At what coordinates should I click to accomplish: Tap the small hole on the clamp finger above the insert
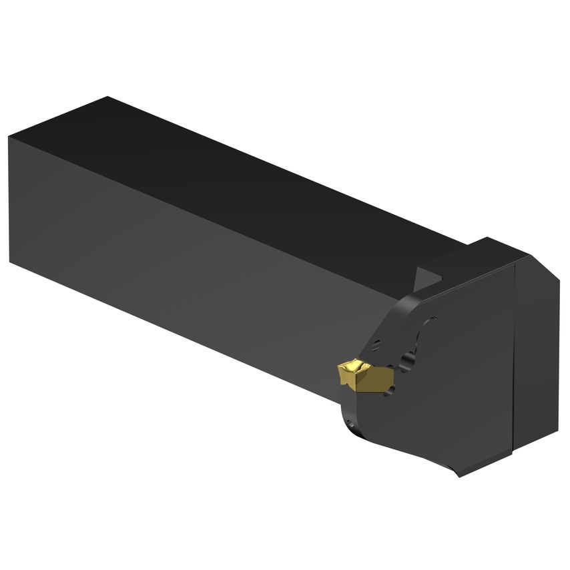(x=376, y=344)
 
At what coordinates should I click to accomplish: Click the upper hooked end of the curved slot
(x=431, y=322)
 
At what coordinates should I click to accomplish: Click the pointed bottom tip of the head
(x=459, y=475)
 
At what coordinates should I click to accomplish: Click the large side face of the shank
(x=187, y=267)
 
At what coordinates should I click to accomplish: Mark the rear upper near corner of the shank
(x=9, y=137)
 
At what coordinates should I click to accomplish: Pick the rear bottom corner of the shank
(x=11, y=262)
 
